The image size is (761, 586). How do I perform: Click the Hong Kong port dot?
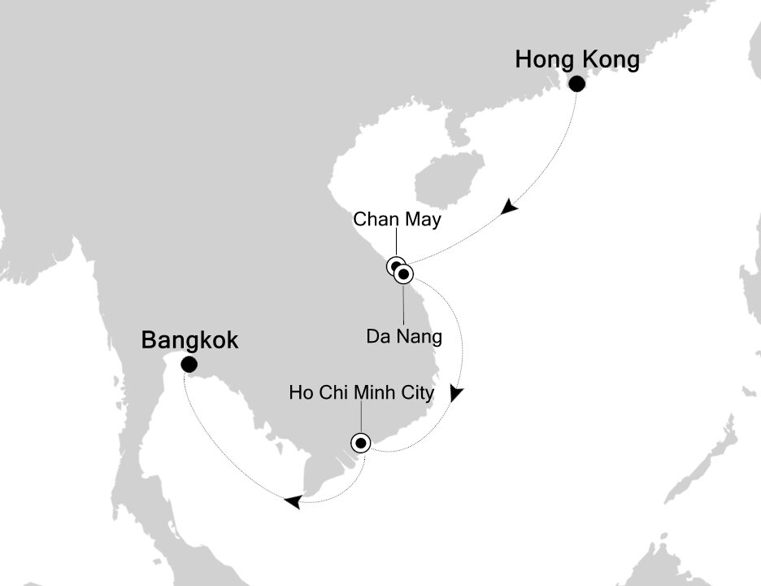576,84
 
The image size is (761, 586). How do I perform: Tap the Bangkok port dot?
189,365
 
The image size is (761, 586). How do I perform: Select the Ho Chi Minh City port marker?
360,443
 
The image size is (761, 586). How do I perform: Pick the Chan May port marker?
395,265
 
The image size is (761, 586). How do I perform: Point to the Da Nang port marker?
404,274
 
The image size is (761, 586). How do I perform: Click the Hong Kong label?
577,60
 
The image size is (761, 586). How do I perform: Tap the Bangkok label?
190,339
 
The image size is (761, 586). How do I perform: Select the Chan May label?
396,220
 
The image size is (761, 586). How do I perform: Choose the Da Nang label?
404,335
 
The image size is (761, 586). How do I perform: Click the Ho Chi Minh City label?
361,394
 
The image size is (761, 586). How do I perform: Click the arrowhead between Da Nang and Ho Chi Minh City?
457,394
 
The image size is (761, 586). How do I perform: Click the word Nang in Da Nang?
423,335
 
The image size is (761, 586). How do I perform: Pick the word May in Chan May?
423,220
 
